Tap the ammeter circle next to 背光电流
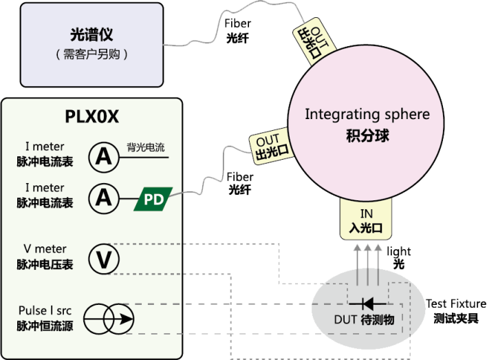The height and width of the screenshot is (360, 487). [103, 157]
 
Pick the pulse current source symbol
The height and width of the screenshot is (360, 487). [109, 319]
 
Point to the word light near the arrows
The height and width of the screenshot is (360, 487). [399, 252]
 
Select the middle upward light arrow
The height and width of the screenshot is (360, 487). [367, 262]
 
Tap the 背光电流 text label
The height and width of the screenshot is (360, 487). [146, 147]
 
